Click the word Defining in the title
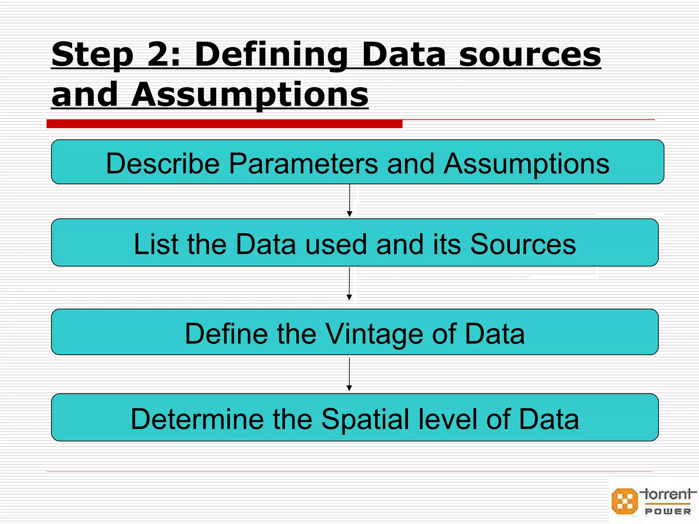[x=271, y=55]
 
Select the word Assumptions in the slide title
[x=249, y=94]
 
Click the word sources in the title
[x=530, y=55]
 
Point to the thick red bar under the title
[x=224, y=124]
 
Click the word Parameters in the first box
[x=303, y=164]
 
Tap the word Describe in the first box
[x=162, y=164]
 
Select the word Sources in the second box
[x=523, y=244]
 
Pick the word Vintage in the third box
[x=374, y=334]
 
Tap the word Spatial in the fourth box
[x=365, y=419]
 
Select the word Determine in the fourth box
[x=197, y=419]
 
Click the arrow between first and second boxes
[x=349, y=201]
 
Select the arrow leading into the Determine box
[x=349, y=375]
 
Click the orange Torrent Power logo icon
[x=625, y=501]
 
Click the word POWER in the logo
[x=668, y=511]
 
